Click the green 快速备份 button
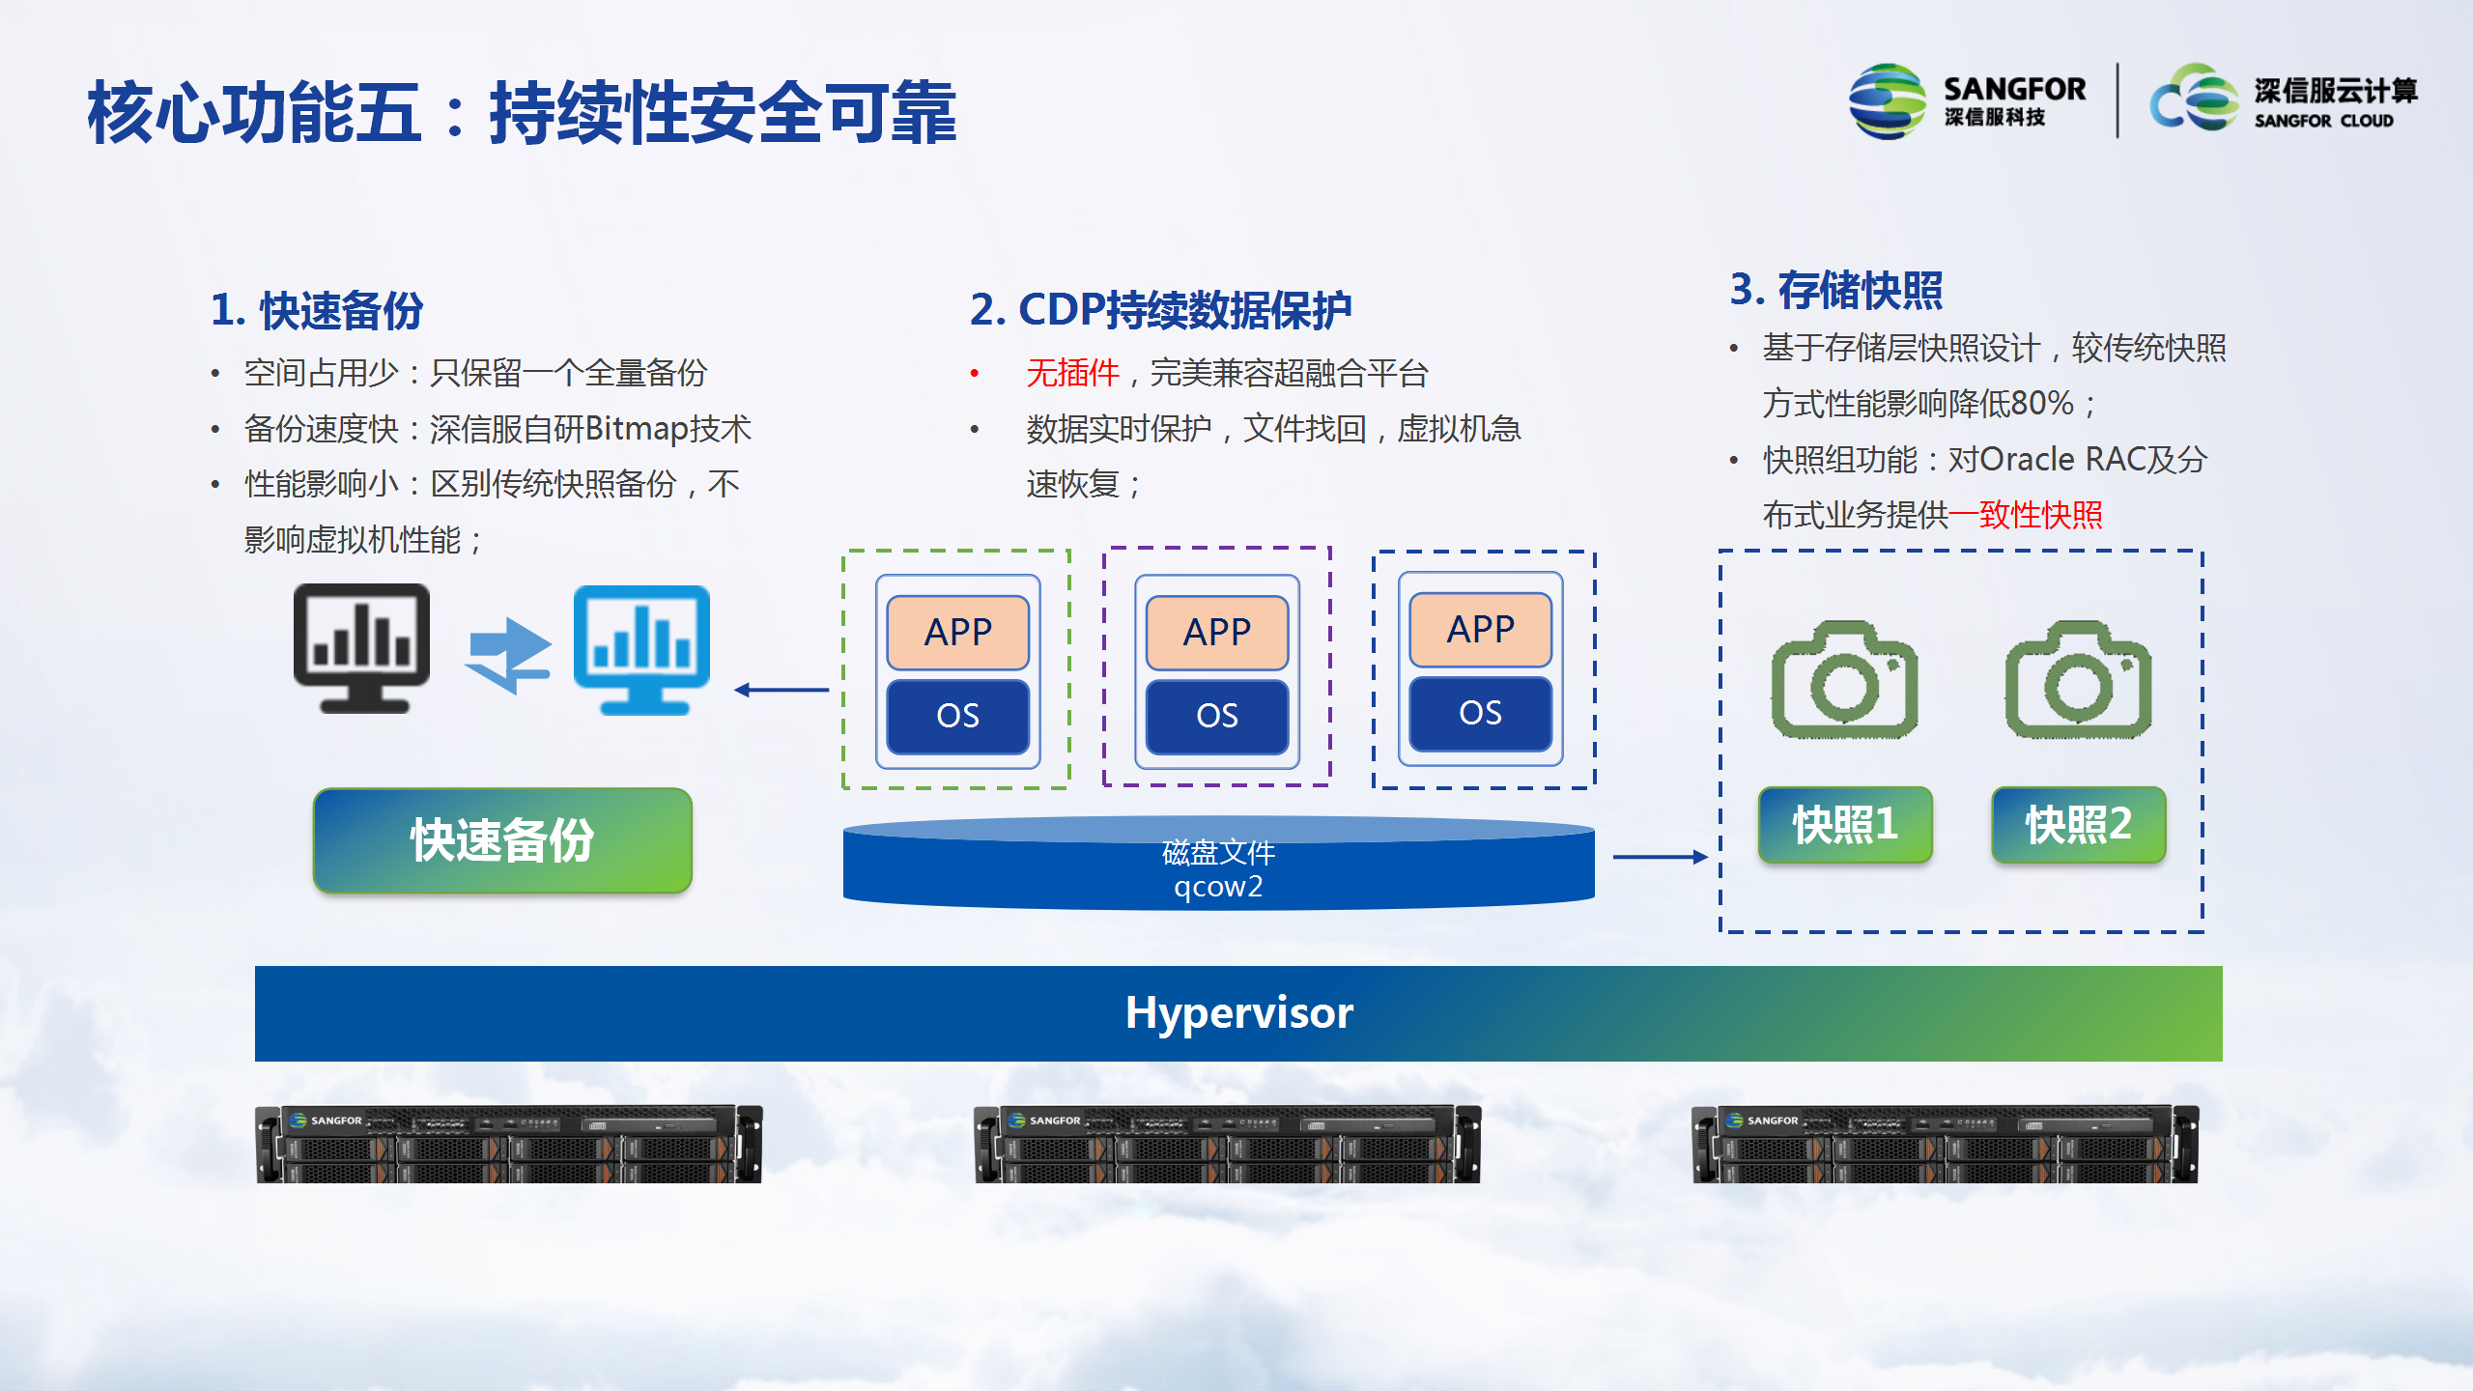pos(502,839)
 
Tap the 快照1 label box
pos(1845,824)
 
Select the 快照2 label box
pos(2079,824)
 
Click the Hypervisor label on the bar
pos(1239,1012)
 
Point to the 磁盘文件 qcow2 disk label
pos(1218,869)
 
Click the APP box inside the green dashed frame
pos(958,632)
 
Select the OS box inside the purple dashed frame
pos(1217,716)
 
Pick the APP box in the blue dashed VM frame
pos(1481,629)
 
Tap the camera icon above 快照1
pos(1844,679)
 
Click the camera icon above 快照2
pos(2078,679)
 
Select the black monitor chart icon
pos(362,648)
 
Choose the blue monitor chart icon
pos(642,650)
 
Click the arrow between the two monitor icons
pos(508,656)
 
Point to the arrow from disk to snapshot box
pos(1661,857)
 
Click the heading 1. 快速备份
pos(317,310)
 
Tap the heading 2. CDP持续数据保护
pos(1160,310)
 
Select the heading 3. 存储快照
pos(1835,290)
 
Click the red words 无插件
pos(1072,373)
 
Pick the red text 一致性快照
pos(2026,515)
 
